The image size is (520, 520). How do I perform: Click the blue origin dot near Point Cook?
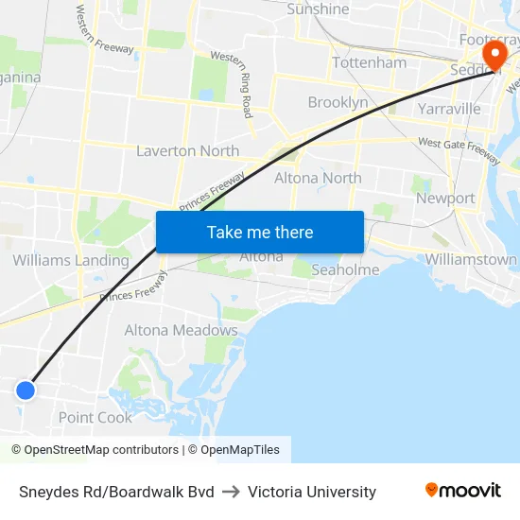coord(26,390)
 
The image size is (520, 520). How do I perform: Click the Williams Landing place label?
coord(71,260)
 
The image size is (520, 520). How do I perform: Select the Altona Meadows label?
coord(181,330)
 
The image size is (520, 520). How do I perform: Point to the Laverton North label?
coord(187,150)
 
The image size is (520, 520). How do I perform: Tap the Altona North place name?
coord(318,178)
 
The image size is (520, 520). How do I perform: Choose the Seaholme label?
coord(345,269)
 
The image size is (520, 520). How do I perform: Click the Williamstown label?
coord(471,259)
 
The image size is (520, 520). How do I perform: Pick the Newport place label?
coord(445,198)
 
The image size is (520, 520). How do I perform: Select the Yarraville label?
coord(449,109)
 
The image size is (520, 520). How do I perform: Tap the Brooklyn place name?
coord(338,102)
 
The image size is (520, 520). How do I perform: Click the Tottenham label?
coord(369,62)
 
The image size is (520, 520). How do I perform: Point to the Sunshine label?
coord(318,9)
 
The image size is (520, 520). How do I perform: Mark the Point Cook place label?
coord(95,417)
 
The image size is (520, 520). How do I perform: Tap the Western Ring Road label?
coord(234,83)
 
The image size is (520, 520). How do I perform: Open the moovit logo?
coord(462,491)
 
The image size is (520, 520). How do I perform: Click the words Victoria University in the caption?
coord(312,492)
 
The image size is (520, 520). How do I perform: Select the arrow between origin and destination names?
coord(232,492)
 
